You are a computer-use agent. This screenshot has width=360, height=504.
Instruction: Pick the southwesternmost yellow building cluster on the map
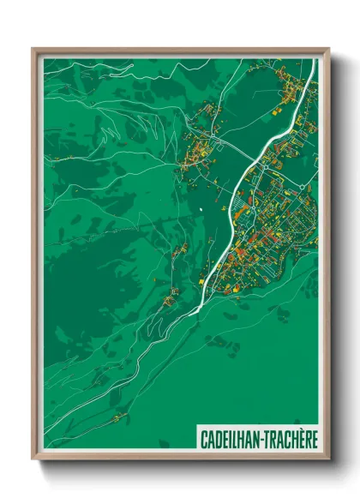[x=122, y=417]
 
